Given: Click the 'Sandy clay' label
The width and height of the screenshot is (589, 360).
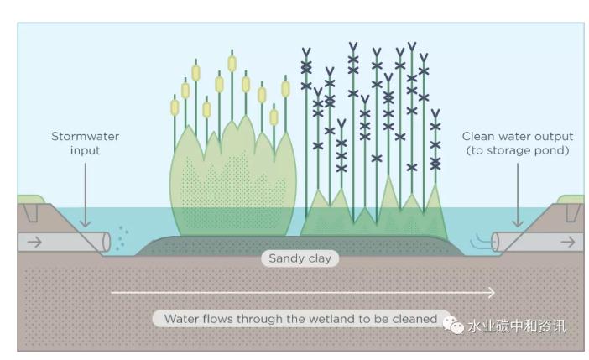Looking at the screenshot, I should point(300,258).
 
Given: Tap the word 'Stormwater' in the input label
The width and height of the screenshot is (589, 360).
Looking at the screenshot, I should point(85,137).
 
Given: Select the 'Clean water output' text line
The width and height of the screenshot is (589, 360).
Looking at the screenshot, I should point(518,137).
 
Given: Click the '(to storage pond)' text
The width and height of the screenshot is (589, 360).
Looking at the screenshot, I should point(518,151).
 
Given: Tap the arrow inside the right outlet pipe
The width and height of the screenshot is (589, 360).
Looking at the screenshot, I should point(567,242).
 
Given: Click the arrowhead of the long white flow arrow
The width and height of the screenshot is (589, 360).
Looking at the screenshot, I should point(491,293).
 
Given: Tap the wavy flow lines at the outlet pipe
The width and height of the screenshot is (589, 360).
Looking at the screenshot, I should point(482,243).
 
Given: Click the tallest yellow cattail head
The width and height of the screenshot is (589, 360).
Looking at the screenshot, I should point(232,62).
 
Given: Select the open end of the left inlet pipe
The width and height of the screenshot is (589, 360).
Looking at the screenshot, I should point(107,242).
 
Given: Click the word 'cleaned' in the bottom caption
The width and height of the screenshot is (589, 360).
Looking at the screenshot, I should point(415,319).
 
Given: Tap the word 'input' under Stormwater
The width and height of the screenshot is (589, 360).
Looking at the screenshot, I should point(85,151).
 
